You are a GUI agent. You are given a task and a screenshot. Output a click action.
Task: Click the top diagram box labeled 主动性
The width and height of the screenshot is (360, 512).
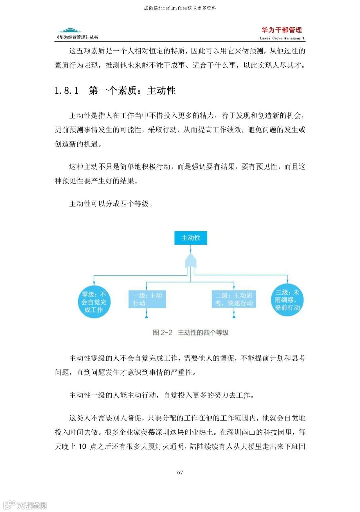click(x=191, y=238)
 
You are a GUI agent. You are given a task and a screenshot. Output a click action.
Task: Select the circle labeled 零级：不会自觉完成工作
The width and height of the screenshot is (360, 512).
click(x=94, y=302)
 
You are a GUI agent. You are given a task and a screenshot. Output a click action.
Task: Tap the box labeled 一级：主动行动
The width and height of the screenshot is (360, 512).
click(x=147, y=299)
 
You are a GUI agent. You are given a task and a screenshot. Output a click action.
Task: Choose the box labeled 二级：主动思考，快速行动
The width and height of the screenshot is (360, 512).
click(x=234, y=299)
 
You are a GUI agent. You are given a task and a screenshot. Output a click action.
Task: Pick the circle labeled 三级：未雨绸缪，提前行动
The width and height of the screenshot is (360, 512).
click(x=287, y=300)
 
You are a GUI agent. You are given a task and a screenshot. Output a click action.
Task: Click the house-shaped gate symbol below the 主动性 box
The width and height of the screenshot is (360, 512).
click(x=191, y=261)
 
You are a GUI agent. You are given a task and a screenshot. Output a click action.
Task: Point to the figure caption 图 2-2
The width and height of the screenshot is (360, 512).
click(x=162, y=332)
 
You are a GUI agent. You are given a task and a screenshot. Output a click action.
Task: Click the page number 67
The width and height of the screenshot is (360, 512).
click(x=180, y=472)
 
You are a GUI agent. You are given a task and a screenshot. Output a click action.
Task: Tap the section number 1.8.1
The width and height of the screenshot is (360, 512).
click(x=67, y=90)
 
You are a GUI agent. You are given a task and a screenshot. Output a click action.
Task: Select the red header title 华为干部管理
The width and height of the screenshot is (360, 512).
click(x=281, y=30)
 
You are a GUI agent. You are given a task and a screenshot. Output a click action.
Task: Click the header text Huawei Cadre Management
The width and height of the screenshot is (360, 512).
click(x=281, y=38)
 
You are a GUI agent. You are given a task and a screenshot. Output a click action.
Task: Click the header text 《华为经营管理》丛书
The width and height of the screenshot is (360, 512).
click(x=77, y=37)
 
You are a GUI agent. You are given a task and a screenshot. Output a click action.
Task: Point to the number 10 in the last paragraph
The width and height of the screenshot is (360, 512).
click(x=82, y=446)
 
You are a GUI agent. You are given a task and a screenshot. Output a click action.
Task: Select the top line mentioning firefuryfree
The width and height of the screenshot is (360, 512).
click(x=180, y=8)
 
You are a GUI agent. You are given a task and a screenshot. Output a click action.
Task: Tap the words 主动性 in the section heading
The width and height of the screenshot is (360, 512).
click(x=161, y=90)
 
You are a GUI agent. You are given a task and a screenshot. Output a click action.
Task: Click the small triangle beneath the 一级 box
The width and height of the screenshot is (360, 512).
click(x=146, y=316)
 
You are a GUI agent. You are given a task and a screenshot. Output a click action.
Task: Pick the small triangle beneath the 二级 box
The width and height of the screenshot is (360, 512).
click(x=234, y=316)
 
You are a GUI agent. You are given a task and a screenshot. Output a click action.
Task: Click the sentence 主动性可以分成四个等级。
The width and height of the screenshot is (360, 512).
click(x=111, y=203)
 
